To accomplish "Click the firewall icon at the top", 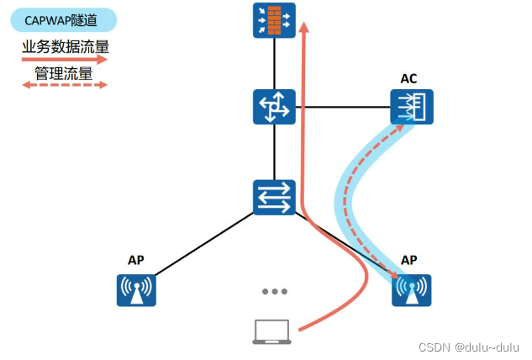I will coord(274,19).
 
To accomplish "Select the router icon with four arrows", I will coord(274,108).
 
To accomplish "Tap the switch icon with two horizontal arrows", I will coord(274,196).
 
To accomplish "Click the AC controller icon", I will coord(411,108).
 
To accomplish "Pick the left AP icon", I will coord(137,289).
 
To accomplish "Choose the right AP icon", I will coord(411,290).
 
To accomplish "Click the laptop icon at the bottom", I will coord(274,332).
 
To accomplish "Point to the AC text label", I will coord(409,79).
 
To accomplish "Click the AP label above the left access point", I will coord(136,260).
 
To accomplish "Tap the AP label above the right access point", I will coord(410,260).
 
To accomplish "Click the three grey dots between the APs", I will coord(274,291).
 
